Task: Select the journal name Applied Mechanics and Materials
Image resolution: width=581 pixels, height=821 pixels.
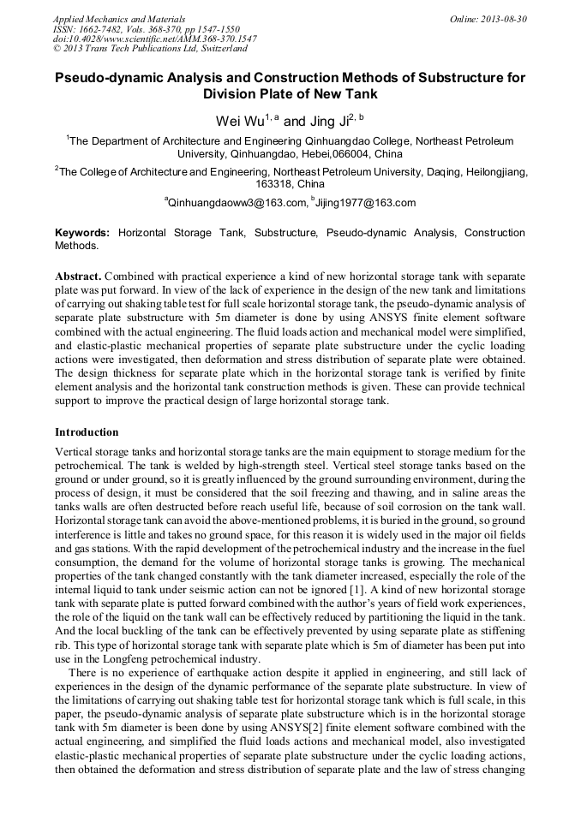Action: tap(119, 19)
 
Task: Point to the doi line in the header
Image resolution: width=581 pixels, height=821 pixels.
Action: tap(154, 39)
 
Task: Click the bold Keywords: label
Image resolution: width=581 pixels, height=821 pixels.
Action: tap(82, 233)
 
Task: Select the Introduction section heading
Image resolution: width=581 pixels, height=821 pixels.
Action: tap(87, 432)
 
